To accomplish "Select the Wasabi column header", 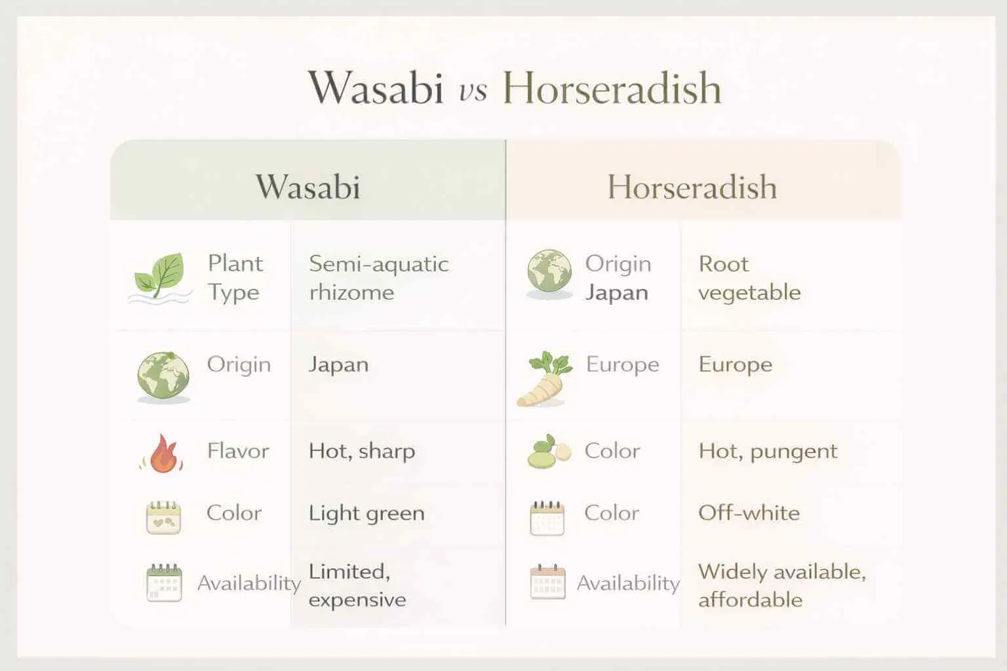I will pos(308,187).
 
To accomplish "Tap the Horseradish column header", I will pos(692,187).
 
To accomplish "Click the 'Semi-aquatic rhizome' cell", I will pos(378,278).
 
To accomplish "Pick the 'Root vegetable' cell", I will pos(749,278).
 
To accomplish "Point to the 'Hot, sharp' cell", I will pos(362,451).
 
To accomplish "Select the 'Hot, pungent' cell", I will pos(768,451).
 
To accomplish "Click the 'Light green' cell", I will pos(366,513).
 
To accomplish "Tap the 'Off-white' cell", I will pos(749,512).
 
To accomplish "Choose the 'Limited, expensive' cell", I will pos(357,585).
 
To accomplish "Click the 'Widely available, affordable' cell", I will pos(781,585).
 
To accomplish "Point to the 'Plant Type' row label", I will pos(235,278).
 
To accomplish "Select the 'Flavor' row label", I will pos(238,451).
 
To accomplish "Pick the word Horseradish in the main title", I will pos(612,88).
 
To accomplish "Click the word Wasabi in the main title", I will pos(376,88).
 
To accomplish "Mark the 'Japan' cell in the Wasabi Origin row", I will pos(338,364).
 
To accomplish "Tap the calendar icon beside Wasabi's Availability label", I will pos(163,583).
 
